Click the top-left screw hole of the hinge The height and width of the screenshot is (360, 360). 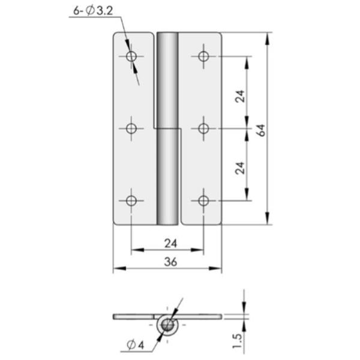[x=132, y=56]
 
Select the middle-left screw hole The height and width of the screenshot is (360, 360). [x=132, y=128]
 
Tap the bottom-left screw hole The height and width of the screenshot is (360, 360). [x=132, y=200]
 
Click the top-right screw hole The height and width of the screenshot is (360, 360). [x=204, y=56]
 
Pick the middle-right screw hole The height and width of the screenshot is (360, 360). [x=204, y=128]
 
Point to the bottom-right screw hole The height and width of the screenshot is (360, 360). [x=204, y=200]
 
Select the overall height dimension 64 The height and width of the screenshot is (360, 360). [x=261, y=129]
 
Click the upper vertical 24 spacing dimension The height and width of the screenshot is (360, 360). [x=239, y=96]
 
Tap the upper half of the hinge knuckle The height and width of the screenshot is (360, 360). [x=167, y=78]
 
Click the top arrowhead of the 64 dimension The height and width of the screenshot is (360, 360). [x=267, y=37]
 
